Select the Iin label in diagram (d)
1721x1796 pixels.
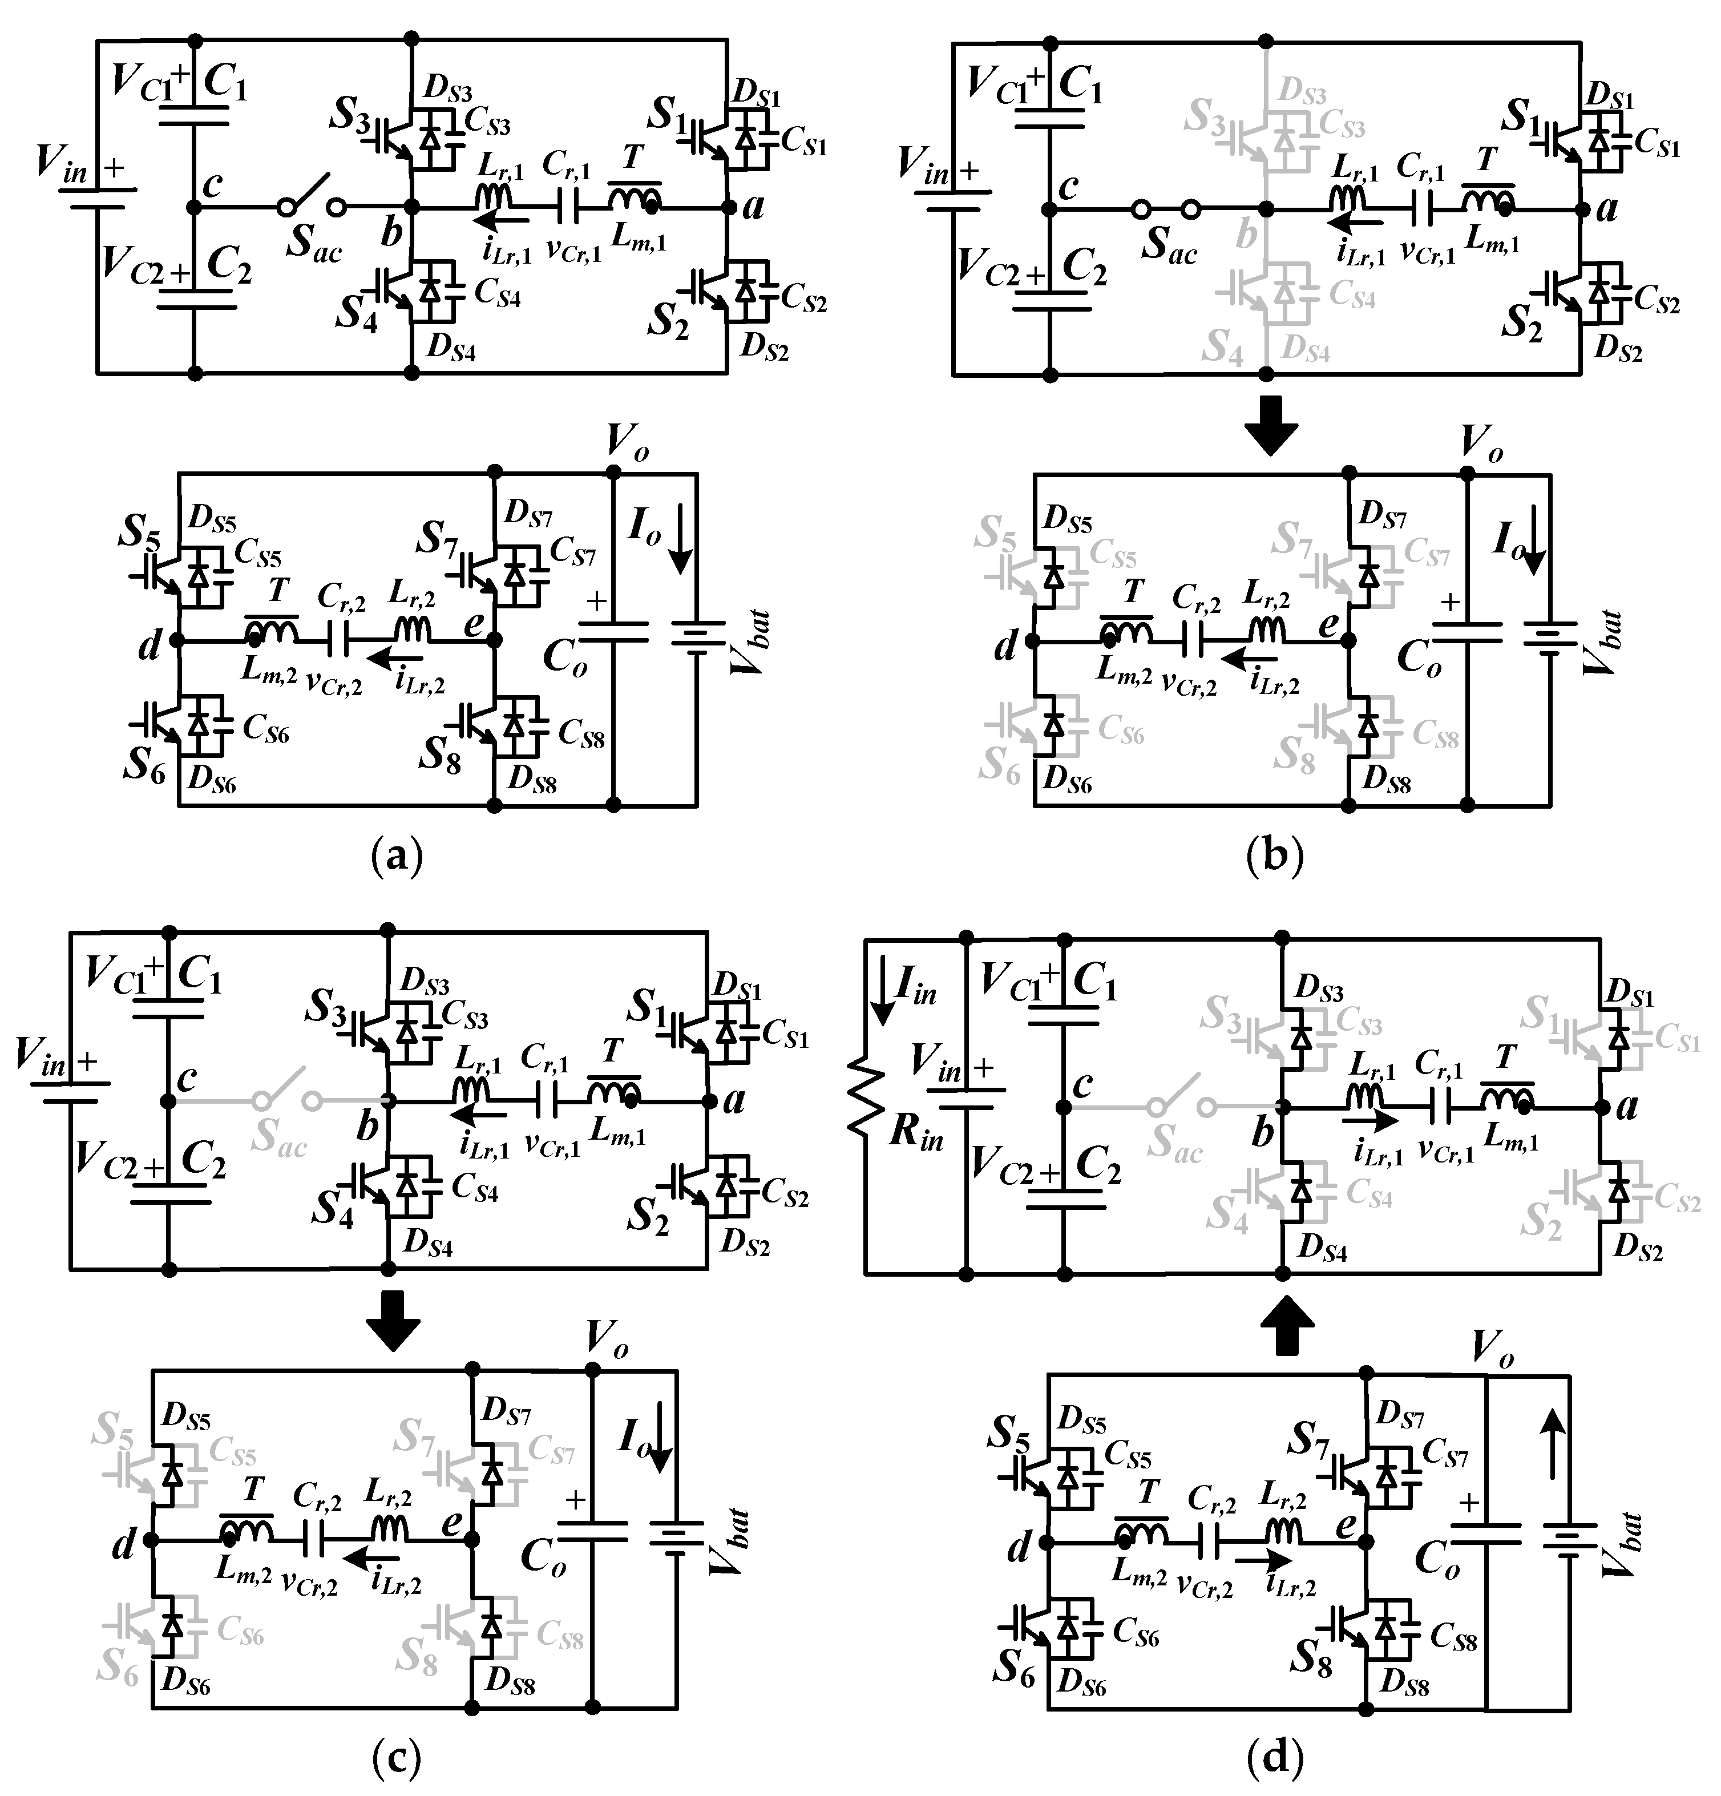915,988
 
